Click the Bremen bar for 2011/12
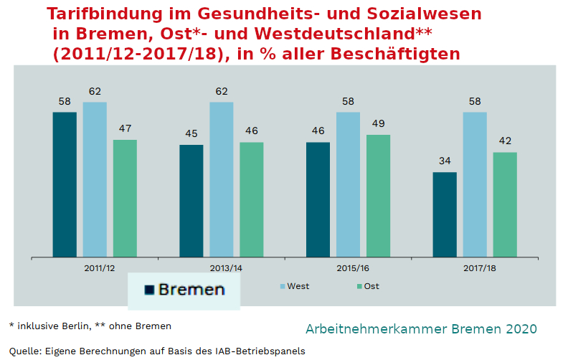point(65,184)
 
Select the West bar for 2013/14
point(221,179)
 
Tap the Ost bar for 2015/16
point(378,195)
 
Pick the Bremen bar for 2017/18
point(445,214)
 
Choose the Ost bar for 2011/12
point(125,198)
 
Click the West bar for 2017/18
point(475,184)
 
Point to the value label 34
point(445,161)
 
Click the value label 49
point(378,123)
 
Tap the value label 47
point(125,128)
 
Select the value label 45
point(191,133)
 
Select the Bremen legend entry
point(184,290)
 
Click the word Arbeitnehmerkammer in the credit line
point(377,329)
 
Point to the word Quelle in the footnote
point(24,351)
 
